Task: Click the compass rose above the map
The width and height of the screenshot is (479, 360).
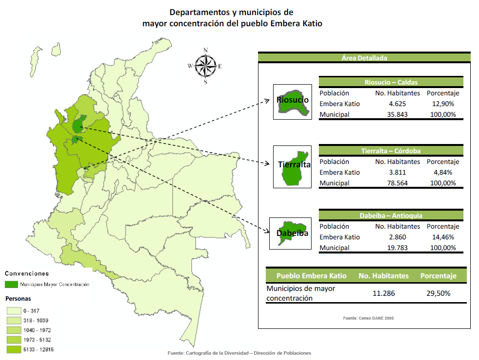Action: [x=205, y=66]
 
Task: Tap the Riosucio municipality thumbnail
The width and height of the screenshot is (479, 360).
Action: [x=293, y=102]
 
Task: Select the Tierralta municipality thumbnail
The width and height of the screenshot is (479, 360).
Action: [x=293, y=166]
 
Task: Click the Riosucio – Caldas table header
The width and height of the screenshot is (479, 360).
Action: [x=391, y=82]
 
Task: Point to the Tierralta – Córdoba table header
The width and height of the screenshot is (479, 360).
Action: [x=391, y=151]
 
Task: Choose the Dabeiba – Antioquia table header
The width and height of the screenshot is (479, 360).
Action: [x=391, y=216]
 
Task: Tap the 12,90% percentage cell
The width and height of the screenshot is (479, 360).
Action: [x=442, y=104]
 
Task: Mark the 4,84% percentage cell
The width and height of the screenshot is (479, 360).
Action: [x=442, y=172]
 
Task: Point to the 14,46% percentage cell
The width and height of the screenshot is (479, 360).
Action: [x=442, y=237]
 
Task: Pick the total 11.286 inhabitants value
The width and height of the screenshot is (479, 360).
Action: [x=384, y=293]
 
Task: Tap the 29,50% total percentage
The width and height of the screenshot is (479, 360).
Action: [x=438, y=293]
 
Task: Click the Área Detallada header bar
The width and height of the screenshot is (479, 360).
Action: [x=364, y=58]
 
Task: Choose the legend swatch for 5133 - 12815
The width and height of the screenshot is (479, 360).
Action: [x=13, y=349]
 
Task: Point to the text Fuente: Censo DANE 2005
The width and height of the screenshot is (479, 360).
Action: [x=368, y=318]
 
